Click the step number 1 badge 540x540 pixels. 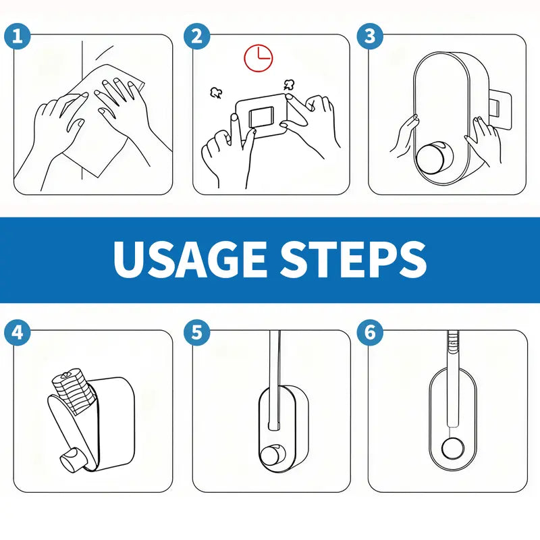[x=18, y=36]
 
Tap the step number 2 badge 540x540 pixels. [x=196, y=36]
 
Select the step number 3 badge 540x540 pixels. [x=370, y=36]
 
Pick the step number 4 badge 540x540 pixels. [x=18, y=332]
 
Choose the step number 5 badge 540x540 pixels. [x=196, y=332]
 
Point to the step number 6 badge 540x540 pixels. [x=370, y=332]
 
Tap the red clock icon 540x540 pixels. [x=257, y=57]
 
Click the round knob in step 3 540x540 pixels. [x=431, y=159]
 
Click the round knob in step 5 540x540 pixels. [x=273, y=456]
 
